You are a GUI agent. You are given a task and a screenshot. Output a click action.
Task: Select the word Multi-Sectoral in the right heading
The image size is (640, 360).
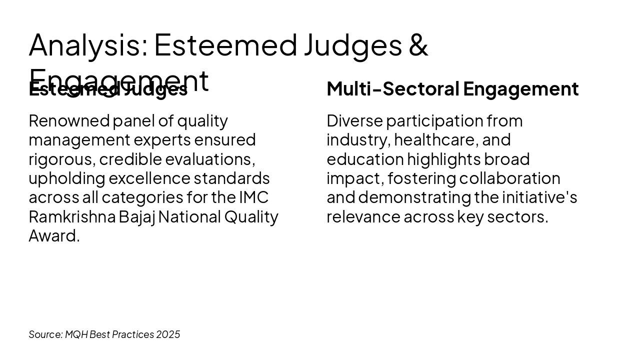pyautogui.click(x=392, y=89)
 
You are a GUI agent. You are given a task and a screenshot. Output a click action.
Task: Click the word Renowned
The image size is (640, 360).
pyautogui.click(x=69, y=121)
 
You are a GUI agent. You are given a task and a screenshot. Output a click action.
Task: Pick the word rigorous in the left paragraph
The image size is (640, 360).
pyautogui.click(x=61, y=159)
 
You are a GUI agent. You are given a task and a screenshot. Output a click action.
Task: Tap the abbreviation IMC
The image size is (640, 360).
pyautogui.click(x=253, y=197)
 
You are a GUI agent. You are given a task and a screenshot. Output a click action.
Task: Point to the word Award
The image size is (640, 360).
pyautogui.click(x=53, y=236)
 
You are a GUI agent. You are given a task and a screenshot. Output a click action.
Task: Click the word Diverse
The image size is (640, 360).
pyautogui.click(x=354, y=121)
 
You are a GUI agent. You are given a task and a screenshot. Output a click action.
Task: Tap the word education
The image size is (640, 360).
pyautogui.click(x=365, y=159)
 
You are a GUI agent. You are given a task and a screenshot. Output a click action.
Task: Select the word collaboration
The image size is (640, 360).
pyautogui.click(x=510, y=178)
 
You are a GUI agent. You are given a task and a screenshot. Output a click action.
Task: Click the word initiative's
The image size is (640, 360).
pyautogui.click(x=539, y=197)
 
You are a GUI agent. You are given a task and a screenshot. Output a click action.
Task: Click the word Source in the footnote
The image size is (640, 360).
pyautogui.click(x=45, y=334)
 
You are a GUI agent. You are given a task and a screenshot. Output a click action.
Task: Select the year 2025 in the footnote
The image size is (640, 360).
pyautogui.click(x=168, y=334)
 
